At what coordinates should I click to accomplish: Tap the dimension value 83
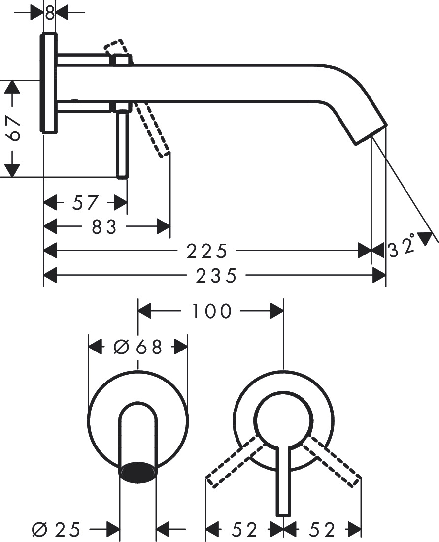coord(104,227)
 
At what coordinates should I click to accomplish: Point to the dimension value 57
coord(86,202)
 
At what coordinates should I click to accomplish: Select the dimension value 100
coord(211,311)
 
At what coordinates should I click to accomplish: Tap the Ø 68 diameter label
coord(138,347)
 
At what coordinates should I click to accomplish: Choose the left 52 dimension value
coord(245,530)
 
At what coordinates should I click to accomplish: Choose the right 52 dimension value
coord(323,530)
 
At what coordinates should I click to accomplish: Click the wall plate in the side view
coord(49,84)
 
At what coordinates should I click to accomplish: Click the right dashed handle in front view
coord(333,460)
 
